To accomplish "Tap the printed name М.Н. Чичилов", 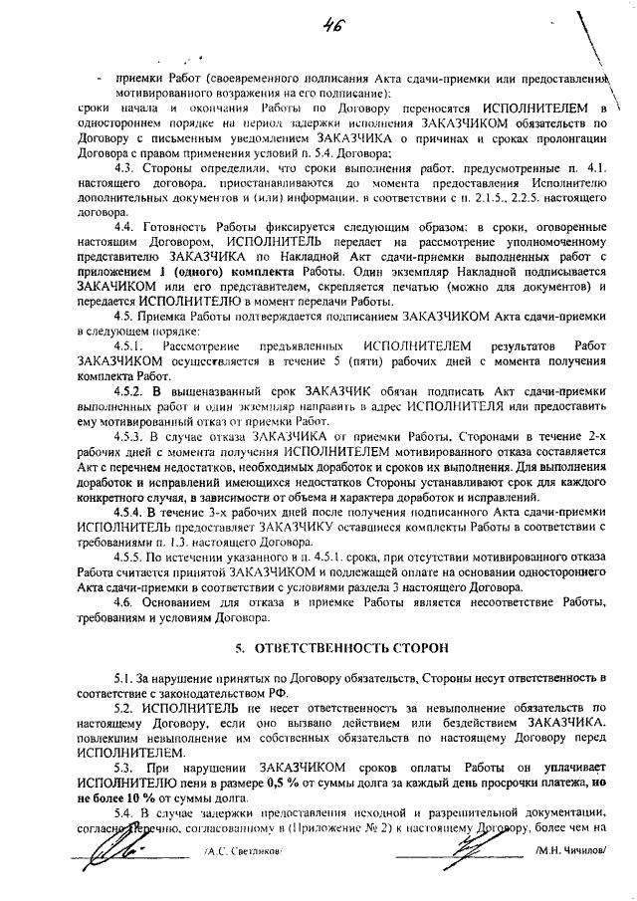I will click(x=568, y=852).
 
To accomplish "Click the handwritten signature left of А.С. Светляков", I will click(x=109, y=848).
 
